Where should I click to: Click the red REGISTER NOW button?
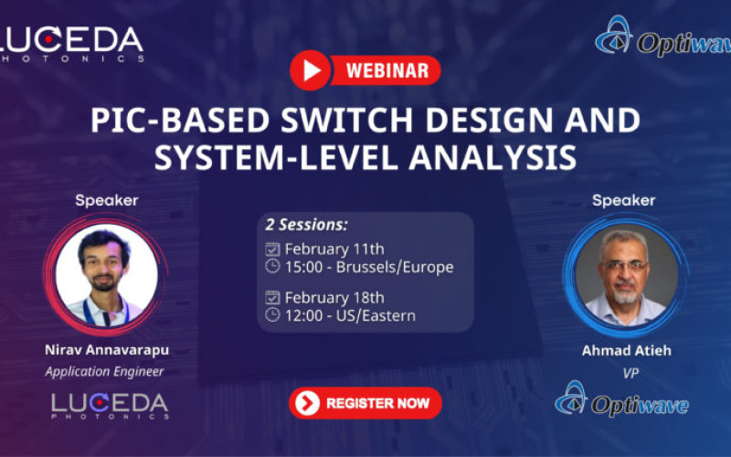point(365,403)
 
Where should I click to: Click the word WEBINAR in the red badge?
point(387,69)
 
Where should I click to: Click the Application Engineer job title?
point(104,371)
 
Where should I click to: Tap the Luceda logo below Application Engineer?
point(109,406)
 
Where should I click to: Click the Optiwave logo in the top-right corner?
point(662,37)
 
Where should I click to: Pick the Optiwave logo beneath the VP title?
point(626,402)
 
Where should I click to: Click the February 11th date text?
point(334,249)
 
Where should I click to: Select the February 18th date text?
point(334,297)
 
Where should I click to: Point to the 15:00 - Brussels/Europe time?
point(368,267)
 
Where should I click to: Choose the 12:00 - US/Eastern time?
point(350,315)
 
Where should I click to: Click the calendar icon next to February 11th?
point(272,249)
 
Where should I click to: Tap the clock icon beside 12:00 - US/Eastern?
point(272,315)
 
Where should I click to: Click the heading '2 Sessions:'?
point(306,225)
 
